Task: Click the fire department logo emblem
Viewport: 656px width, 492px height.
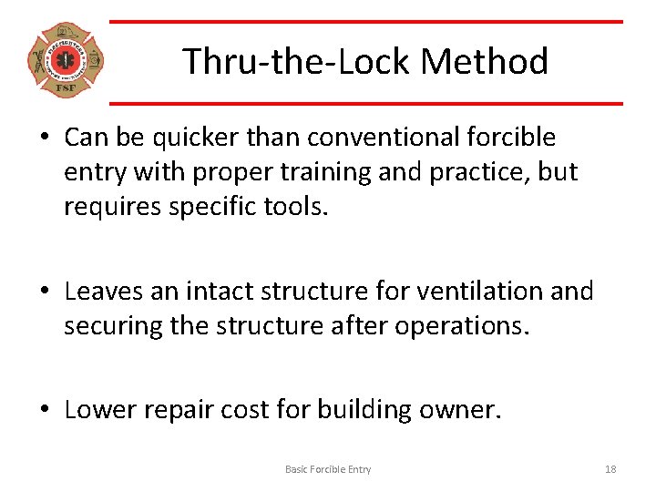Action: click(66, 61)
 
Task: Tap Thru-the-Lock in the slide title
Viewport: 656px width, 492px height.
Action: click(297, 62)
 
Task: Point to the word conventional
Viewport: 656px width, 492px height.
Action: click(374, 138)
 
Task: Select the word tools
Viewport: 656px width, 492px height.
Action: click(295, 207)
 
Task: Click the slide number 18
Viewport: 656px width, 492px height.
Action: click(610, 469)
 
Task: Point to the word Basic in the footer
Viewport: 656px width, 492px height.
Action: click(297, 469)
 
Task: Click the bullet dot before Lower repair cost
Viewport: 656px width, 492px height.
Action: click(44, 411)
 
